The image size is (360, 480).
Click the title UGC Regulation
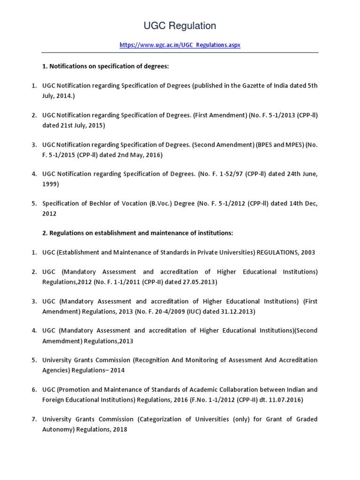click(180, 25)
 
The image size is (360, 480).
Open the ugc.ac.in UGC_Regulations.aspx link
click(180, 45)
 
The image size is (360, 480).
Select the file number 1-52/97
click(230, 174)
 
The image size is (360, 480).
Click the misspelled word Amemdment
click(61, 341)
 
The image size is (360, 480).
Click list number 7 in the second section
click(34, 419)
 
